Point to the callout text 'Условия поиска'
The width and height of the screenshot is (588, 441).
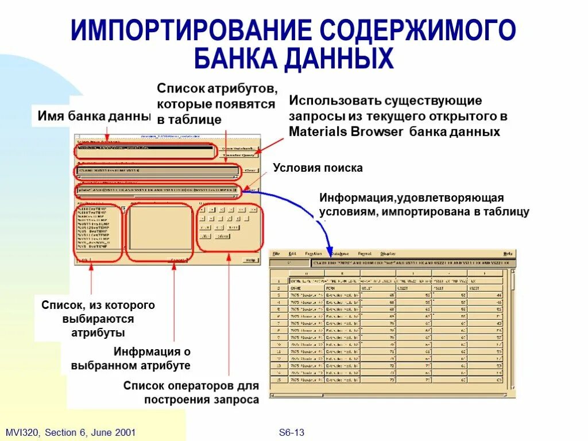[318, 168]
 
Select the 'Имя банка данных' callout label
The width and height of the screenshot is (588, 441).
[94, 115]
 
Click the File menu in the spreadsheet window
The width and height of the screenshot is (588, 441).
[276, 253]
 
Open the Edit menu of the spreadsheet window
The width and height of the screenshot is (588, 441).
[292, 253]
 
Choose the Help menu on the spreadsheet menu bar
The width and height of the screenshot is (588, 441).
[508, 253]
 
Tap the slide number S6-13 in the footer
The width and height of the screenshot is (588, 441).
[291, 432]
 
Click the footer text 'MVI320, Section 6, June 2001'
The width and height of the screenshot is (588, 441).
[70, 432]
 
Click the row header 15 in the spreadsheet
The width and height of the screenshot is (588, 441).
[278, 380]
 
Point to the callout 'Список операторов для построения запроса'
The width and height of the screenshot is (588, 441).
[191, 393]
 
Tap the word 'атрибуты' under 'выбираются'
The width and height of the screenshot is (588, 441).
[98, 332]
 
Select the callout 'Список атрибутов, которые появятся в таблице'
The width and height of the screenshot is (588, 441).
[216, 104]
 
